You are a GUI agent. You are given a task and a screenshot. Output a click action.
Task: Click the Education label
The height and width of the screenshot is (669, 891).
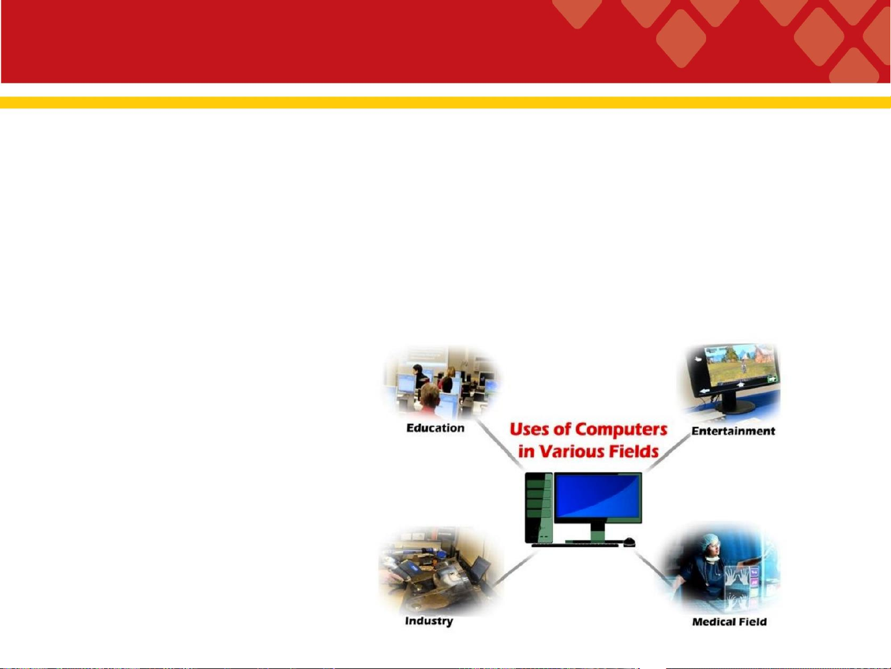click(435, 428)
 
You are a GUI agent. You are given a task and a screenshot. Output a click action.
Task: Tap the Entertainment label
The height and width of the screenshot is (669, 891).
click(733, 431)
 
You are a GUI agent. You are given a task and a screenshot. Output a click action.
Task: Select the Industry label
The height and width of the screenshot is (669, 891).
click(429, 621)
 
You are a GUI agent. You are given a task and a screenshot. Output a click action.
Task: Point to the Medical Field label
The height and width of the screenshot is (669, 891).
click(730, 622)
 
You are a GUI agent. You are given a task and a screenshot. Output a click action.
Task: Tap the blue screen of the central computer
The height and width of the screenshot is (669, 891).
click(598, 497)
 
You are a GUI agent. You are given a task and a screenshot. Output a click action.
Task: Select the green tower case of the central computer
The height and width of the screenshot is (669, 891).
click(539, 507)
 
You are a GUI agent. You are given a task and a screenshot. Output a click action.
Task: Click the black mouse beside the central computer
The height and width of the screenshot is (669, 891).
click(629, 542)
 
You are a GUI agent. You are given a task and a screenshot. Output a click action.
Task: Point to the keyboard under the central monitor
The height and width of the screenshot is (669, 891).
click(575, 545)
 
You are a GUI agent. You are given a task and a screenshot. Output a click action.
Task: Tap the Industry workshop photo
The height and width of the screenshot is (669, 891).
click(441, 571)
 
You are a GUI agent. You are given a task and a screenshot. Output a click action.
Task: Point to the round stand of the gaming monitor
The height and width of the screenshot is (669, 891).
click(736, 406)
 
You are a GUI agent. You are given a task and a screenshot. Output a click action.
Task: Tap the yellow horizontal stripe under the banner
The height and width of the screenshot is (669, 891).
click(445, 102)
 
